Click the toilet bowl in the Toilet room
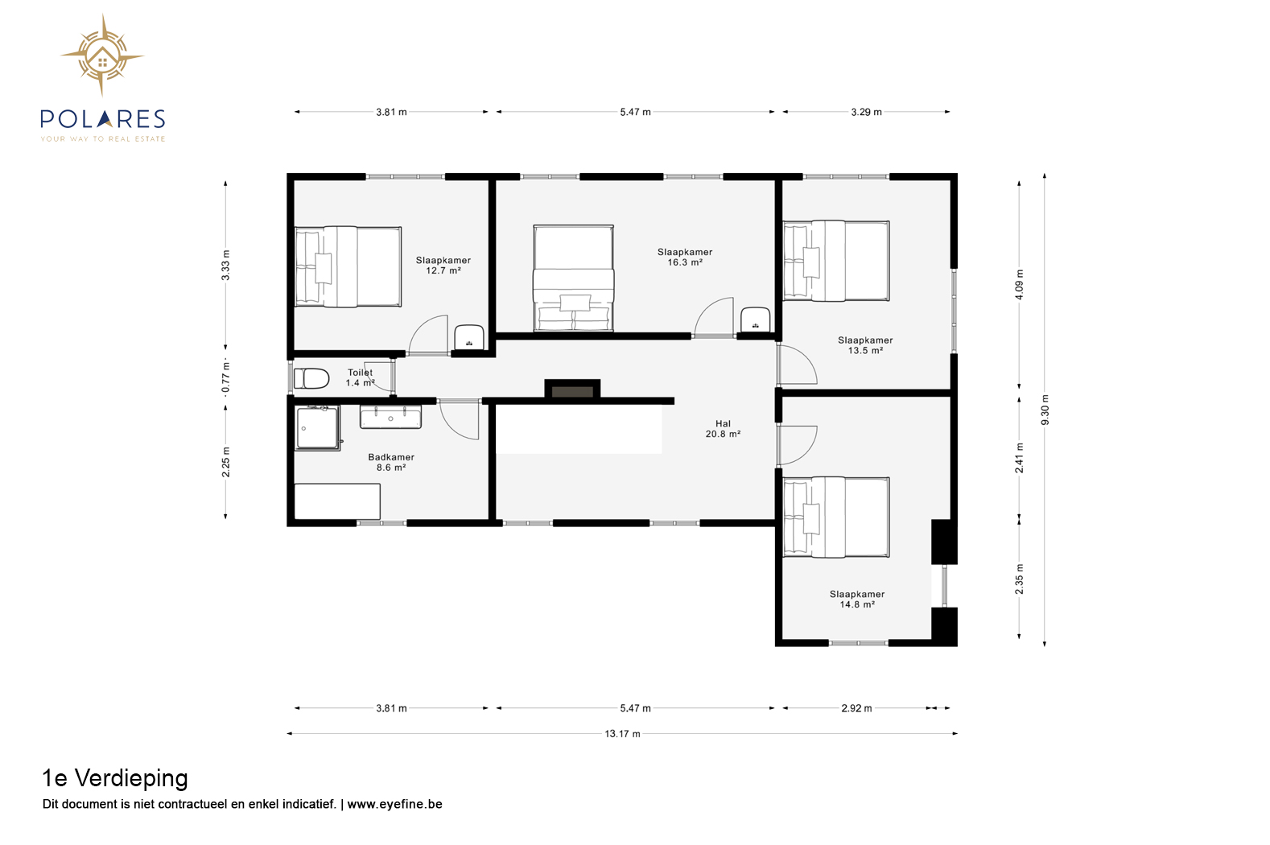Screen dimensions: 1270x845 [x=311, y=378]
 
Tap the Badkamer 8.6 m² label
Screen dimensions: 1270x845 [x=391, y=462]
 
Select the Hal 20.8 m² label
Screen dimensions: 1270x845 [x=723, y=429]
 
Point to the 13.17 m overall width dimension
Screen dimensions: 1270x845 [x=623, y=734]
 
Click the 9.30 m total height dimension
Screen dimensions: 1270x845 [x=1045, y=410]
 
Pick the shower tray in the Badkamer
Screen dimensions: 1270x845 [x=317, y=428]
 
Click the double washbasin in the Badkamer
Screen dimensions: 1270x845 [x=390, y=417]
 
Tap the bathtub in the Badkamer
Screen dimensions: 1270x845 [x=337, y=501]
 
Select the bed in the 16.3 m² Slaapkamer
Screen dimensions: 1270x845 [x=573, y=278]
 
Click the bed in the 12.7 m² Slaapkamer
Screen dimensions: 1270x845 [x=348, y=266]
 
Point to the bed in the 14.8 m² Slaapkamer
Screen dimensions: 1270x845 [x=836, y=517]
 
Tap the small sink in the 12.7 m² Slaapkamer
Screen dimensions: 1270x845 [x=469, y=337]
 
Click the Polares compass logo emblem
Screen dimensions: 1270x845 [x=102, y=56]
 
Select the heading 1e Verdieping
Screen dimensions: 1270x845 [x=115, y=778]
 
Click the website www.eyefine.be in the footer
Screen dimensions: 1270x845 [x=394, y=804]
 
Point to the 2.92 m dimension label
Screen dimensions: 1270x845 [x=856, y=708]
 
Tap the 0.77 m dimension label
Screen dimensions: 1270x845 [x=225, y=377]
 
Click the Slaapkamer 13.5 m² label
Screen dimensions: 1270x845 [x=865, y=345]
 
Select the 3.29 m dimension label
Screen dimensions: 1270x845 [x=866, y=113]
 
